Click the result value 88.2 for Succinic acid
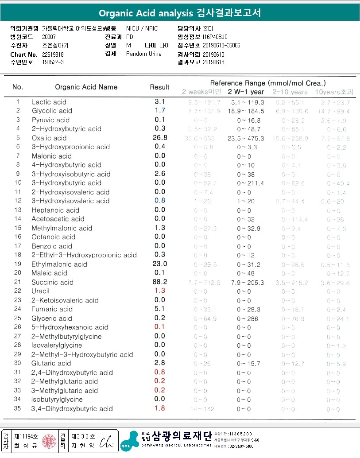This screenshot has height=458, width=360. pos(160,282)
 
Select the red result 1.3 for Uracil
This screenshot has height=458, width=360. pos(160,291)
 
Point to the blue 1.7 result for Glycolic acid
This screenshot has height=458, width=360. pos(160,110)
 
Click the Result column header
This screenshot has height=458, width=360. pos(160,87)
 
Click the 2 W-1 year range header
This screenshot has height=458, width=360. pos(246,92)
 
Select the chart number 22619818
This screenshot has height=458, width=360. pos(53,54)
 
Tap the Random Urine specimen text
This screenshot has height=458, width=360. pos(144,54)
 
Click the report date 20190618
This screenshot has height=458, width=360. pos(213,62)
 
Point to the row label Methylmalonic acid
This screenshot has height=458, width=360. pos(62,228)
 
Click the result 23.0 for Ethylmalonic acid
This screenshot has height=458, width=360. pos(159,264)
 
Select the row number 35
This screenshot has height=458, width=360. pos(18,409)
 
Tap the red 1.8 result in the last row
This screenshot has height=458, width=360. pos(160,408)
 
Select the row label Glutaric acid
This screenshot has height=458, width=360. pos(51,363)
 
